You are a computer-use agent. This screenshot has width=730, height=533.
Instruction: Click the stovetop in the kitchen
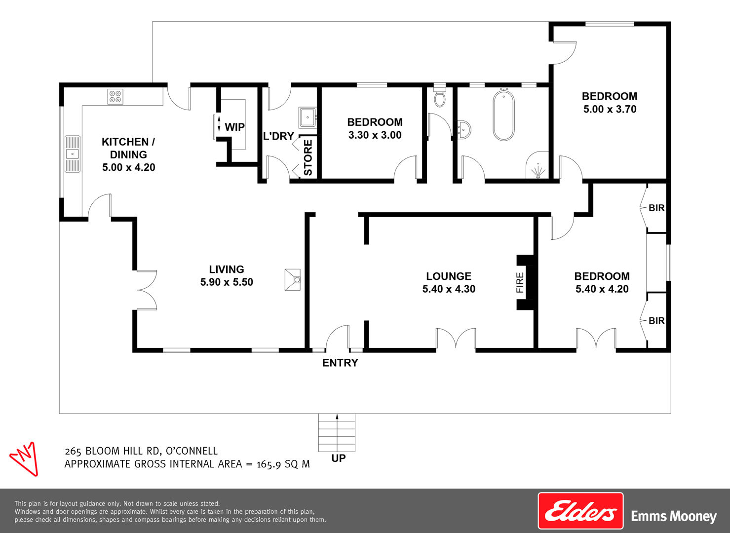tap(115, 97)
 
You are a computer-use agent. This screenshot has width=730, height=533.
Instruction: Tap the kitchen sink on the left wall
tap(73, 154)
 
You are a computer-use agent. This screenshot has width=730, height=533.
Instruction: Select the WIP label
tap(234, 127)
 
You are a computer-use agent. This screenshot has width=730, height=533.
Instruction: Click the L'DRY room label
tap(278, 136)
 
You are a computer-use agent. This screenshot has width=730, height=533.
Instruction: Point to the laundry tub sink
tap(307, 117)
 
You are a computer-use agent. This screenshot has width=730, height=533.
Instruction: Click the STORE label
tap(308, 158)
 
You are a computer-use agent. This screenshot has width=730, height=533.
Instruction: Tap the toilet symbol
tap(440, 96)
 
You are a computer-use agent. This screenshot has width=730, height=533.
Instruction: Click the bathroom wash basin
tap(464, 130)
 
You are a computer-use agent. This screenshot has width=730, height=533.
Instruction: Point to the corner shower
tap(538, 165)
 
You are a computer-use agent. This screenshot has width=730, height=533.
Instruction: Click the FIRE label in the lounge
tap(520, 282)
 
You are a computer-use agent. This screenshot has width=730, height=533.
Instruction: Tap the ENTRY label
tap(340, 363)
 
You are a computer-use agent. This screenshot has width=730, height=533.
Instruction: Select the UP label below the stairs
tap(338, 458)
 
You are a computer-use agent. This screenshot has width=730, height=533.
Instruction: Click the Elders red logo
tap(580, 511)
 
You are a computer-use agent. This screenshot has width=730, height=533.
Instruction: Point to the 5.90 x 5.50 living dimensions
tap(227, 282)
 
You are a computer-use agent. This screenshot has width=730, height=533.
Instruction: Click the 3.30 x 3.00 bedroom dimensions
tap(375, 135)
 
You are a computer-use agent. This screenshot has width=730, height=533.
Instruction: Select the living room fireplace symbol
tap(292, 279)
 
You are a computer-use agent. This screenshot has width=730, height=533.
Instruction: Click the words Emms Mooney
tap(674, 517)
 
